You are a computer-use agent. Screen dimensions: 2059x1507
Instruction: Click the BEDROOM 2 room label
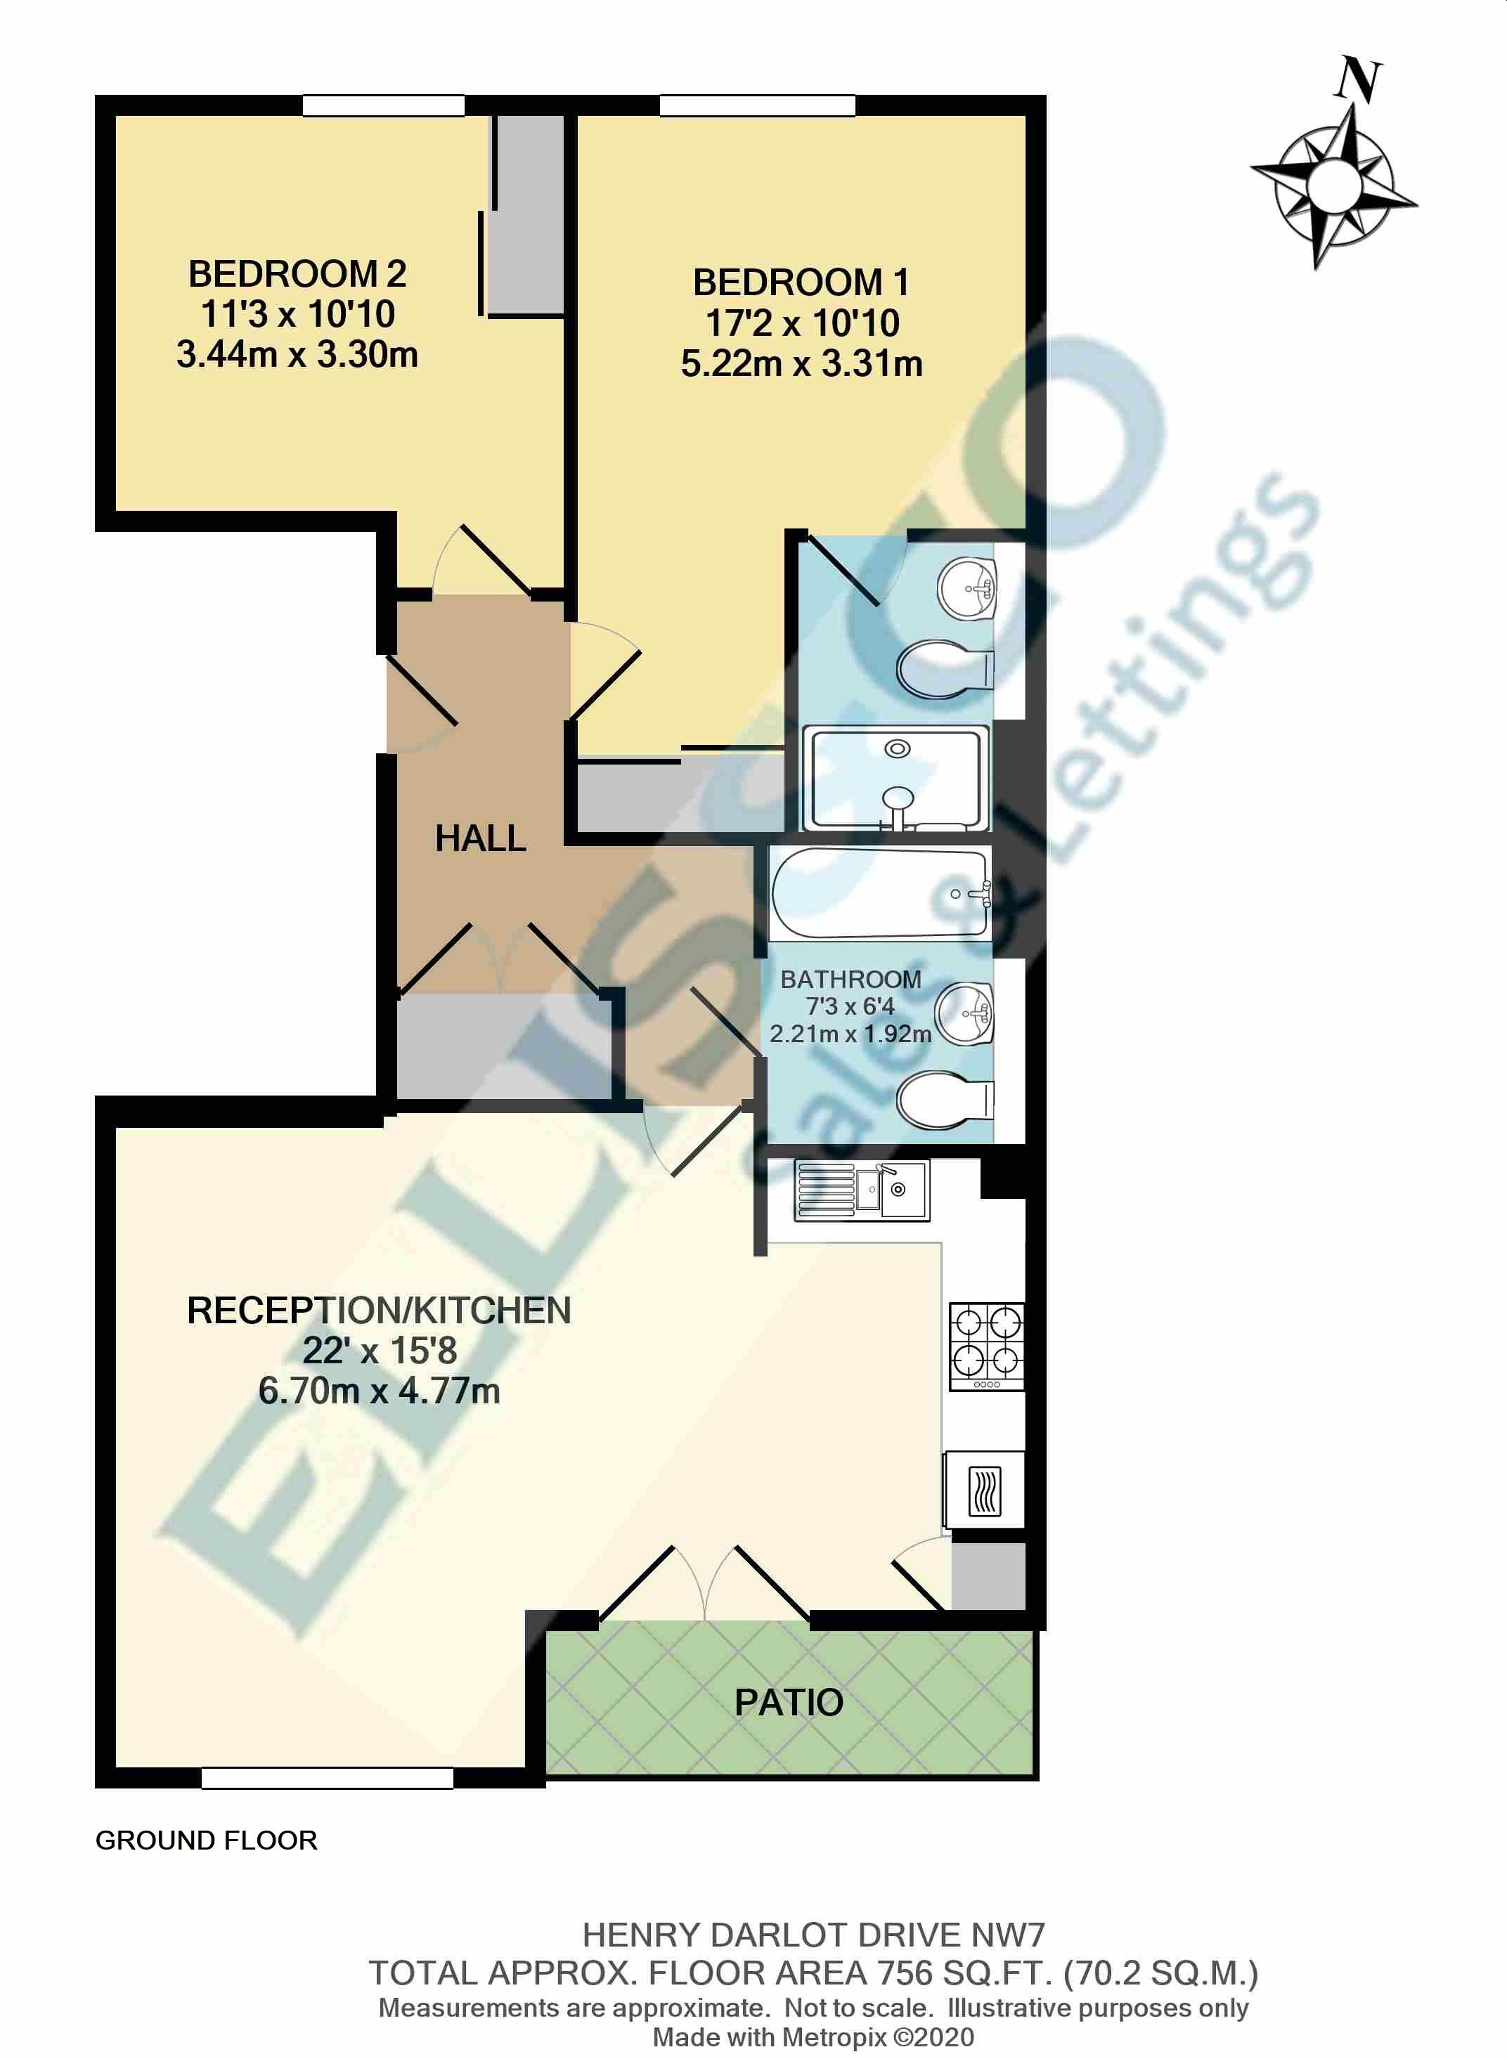297,273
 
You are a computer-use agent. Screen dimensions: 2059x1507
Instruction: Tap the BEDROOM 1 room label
801,282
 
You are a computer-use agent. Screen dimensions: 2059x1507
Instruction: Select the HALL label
480,838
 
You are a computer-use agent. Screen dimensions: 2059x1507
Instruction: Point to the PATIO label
789,1703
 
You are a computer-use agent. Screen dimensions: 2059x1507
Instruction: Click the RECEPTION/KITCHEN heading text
379,1311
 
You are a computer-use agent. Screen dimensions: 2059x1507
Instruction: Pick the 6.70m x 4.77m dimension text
379,1391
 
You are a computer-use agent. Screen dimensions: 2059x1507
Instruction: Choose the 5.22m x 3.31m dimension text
801,364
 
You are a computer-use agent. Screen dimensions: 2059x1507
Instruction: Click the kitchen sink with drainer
861,1190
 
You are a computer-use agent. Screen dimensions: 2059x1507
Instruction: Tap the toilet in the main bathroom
944,1100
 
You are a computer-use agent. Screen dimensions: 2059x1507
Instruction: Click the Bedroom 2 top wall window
383,106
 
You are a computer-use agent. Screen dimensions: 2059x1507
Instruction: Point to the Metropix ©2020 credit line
813,2037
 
